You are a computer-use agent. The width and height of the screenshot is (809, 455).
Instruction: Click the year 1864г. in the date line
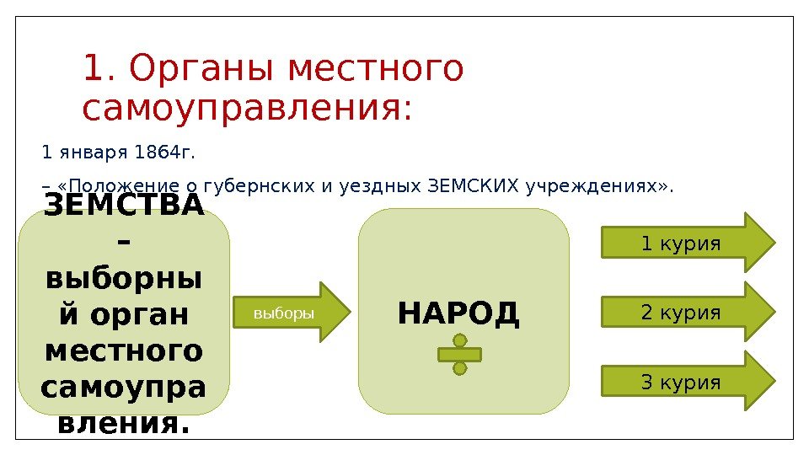pos(170,153)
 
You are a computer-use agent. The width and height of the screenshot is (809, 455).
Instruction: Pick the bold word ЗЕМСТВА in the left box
pos(123,206)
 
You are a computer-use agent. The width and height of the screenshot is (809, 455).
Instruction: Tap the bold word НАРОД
pos(459,313)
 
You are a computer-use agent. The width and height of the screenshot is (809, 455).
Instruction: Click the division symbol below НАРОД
pos(459,354)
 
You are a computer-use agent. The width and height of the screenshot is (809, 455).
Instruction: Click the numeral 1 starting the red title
pos(92,70)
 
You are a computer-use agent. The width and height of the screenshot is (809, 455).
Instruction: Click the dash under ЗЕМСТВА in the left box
pos(123,243)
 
